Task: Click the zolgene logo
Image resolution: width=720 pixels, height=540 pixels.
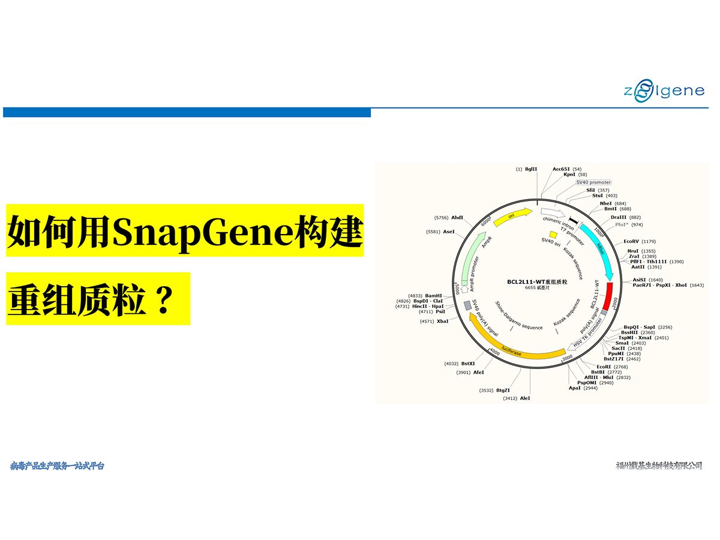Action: (x=663, y=92)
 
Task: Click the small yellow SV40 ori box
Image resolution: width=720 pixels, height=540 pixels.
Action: (x=553, y=234)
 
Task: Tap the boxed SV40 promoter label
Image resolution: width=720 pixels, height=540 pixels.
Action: (x=593, y=182)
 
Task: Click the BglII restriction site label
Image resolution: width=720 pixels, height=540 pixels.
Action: (x=531, y=169)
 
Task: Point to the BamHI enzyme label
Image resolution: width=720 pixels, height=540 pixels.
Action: (x=433, y=296)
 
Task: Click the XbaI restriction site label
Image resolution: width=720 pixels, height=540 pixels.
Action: (x=443, y=322)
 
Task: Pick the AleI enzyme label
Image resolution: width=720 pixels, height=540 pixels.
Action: (x=525, y=398)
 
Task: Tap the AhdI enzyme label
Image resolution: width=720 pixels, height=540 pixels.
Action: (x=457, y=217)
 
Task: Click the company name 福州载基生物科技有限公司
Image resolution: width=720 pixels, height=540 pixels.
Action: (x=659, y=466)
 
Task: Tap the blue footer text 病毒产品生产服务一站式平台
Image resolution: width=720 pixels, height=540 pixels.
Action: (x=57, y=466)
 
